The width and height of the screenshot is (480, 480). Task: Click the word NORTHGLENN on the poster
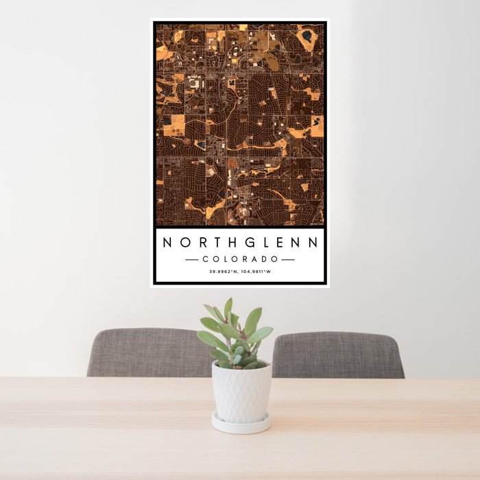coord(240,243)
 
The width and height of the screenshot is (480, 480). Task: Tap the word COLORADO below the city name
coord(240,259)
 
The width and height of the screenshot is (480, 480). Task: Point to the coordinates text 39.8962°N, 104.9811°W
coord(240,272)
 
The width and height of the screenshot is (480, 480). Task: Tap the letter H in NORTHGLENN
coord(232,243)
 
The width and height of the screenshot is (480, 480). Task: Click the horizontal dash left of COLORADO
coord(192,260)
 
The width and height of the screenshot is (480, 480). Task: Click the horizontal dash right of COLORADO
coord(288,260)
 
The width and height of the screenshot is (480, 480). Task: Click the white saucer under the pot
coord(241,424)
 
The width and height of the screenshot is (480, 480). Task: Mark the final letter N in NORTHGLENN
coord(313,243)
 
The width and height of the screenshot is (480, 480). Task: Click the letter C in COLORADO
coord(205,259)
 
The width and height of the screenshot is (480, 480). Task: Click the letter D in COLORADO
coord(266,259)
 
